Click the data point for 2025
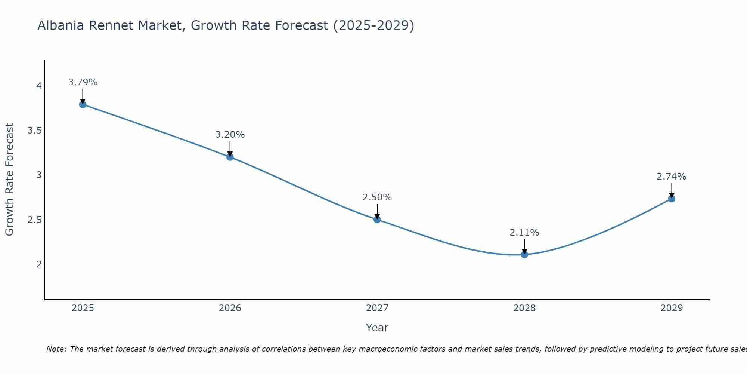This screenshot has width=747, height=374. (x=83, y=104)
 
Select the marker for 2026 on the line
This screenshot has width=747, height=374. (x=230, y=157)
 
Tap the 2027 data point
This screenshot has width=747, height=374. (x=377, y=220)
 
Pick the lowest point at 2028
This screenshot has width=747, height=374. (x=524, y=255)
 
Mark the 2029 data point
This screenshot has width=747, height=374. (x=672, y=199)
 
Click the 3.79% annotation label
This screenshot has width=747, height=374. (x=83, y=82)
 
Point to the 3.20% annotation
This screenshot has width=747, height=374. (x=230, y=135)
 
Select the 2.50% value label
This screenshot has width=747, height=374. (x=377, y=197)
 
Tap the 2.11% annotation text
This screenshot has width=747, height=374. (x=524, y=233)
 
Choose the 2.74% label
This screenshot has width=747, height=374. (x=672, y=177)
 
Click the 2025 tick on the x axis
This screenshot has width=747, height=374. (x=83, y=308)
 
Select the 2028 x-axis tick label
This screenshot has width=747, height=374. (x=524, y=308)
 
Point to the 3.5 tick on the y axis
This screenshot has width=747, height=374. (x=34, y=131)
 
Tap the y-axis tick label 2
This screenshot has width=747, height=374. (x=39, y=264)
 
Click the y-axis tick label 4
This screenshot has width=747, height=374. (x=39, y=86)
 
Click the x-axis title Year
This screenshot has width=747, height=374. (x=377, y=328)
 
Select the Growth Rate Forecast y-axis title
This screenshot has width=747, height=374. (x=9, y=180)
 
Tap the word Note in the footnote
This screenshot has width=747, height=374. (x=56, y=349)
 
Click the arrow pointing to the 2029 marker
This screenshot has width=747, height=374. (x=672, y=190)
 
